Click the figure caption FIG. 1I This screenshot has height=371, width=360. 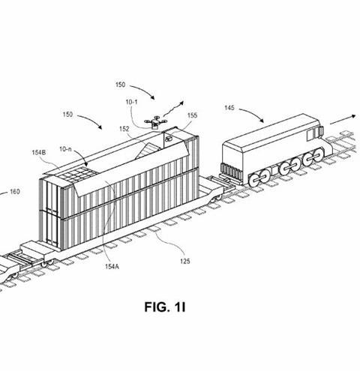(x=165, y=307)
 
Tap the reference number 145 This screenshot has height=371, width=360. (x=229, y=108)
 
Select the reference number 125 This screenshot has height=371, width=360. (x=185, y=262)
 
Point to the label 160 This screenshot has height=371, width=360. (x=15, y=192)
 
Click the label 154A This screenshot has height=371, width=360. (x=112, y=267)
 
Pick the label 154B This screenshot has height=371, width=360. (x=39, y=152)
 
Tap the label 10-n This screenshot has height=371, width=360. (x=65, y=149)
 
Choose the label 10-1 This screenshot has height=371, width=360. (x=131, y=102)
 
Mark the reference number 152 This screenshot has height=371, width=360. (x=124, y=129)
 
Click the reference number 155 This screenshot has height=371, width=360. (x=192, y=115)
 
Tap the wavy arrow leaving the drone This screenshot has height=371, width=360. (x=173, y=109)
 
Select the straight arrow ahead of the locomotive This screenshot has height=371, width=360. (x=343, y=120)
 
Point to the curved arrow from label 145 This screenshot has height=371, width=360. (x=253, y=113)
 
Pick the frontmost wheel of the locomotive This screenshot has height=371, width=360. (x=317, y=155)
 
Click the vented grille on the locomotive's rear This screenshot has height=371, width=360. (x=231, y=172)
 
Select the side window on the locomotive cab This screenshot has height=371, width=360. (x=310, y=135)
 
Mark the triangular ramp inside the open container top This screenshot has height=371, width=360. (x=148, y=151)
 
